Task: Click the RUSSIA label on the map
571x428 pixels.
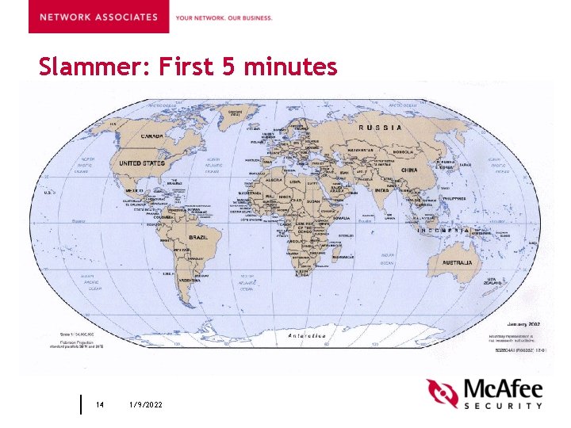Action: point(381,127)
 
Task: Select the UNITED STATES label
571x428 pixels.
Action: point(142,163)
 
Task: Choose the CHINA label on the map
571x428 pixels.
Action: point(409,170)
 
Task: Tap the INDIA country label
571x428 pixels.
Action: point(381,190)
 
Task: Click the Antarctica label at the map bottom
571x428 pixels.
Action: point(307,335)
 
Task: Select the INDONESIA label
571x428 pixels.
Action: point(449,228)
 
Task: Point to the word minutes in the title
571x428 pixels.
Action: point(291,67)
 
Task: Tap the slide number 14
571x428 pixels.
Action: point(100,404)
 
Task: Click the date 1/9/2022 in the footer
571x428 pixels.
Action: point(146,404)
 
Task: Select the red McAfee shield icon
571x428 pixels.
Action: point(443,393)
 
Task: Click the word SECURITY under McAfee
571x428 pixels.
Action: point(503,406)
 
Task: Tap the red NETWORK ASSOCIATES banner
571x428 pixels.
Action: point(98,17)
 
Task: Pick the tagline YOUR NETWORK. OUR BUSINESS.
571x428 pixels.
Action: point(224,17)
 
